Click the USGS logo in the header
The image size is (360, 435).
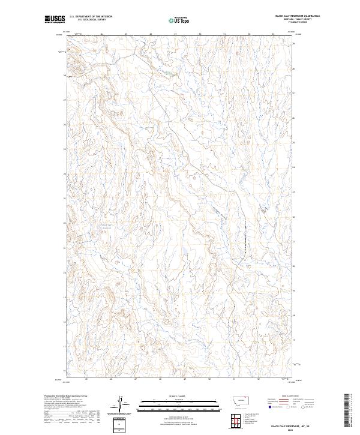pos(54,19)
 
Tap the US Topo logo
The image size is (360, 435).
pos(180,20)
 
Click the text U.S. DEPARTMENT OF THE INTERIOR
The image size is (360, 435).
pos(91,16)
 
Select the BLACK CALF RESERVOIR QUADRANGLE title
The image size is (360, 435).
pos(297,16)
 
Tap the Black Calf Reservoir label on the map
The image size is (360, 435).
pos(106,226)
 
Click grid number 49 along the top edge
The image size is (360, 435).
pos(175,34)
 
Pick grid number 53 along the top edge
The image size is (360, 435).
pos(273,34)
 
